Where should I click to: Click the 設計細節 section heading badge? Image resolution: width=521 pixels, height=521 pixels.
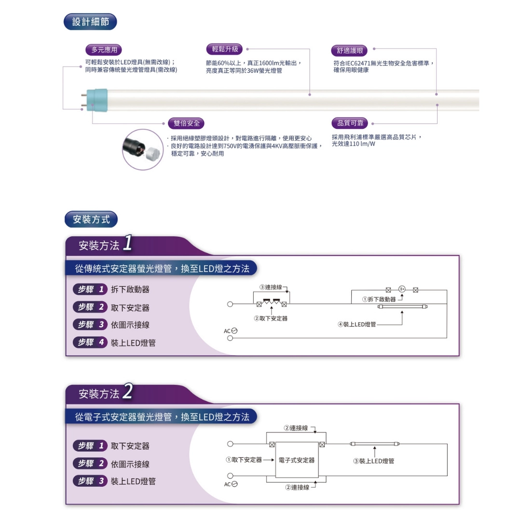coord(90,22)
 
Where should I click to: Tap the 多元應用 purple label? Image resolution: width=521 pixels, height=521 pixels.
coord(104,50)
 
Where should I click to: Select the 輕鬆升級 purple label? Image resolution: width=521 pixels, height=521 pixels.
coord(225,49)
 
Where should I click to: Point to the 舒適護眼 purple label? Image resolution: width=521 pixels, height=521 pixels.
coord(350,51)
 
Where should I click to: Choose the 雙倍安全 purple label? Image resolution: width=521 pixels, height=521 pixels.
coord(186,123)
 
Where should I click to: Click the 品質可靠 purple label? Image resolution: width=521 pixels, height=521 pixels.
coord(350,123)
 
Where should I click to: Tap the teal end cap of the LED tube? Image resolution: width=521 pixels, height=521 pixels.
coord(97,100)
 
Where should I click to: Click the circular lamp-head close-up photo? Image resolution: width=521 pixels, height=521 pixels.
coord(143,150)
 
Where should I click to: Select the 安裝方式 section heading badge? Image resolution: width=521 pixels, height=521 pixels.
coord(91,219)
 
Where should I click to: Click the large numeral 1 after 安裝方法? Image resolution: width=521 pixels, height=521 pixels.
coord(127,243)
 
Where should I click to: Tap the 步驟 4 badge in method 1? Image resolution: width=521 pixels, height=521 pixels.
coord(90,342)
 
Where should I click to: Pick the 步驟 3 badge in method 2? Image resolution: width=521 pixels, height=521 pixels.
coord(90,481)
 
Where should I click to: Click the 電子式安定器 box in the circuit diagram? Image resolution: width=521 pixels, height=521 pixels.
coord(297,460)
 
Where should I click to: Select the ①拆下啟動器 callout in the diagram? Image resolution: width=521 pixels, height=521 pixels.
coord(379,300)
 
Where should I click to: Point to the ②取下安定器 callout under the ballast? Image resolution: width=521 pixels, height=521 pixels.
coord(271,318)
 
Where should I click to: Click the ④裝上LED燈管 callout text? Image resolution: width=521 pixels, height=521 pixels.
coord(357,324)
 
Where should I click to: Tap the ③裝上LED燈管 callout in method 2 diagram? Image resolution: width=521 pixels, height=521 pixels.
coord(373,461)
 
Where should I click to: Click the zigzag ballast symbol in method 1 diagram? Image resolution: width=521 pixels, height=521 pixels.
coord(272,302)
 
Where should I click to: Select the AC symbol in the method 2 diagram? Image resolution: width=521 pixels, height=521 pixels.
coord(231,484)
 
